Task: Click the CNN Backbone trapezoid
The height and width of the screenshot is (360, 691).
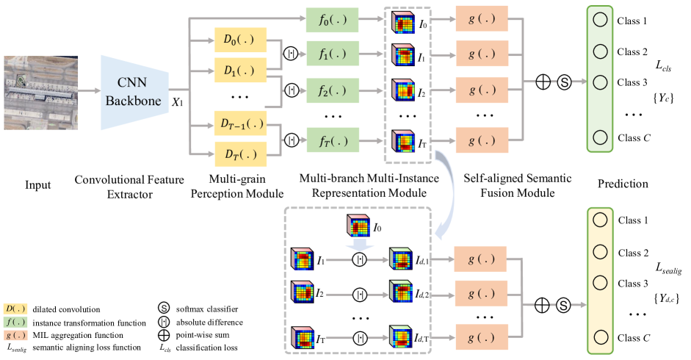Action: pos(134,93)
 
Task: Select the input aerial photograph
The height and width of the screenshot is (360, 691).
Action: pos(41,93)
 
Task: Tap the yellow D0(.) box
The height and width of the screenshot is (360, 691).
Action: pos(240,40)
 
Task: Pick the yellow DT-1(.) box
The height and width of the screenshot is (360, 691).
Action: pos(240,123)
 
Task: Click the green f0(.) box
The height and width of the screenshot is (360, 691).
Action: pos(332,19)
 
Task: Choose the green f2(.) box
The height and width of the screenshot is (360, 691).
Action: pos(332,90)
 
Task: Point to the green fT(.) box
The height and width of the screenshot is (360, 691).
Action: pos(332,141)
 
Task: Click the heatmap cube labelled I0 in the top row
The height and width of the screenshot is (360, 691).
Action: pos(403,22)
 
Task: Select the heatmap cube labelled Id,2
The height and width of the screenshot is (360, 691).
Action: pos(401,292)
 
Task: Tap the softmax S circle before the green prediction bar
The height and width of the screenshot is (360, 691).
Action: pos(564,82)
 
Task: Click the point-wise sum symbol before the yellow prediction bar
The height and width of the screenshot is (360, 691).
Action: pos(542,305)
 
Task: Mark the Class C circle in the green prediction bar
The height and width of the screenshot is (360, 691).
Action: pos(600,137)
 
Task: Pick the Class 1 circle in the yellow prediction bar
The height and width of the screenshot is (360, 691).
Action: pos(600,220)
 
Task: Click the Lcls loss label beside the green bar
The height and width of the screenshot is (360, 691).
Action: pos(663,66)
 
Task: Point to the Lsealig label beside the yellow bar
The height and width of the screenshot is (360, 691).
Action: pos(668,267)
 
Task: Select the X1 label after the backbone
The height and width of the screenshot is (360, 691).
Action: pos(177,102)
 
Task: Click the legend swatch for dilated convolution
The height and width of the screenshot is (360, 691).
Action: pos(15,309)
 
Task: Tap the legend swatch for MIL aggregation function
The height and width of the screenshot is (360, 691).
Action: pos(15,335)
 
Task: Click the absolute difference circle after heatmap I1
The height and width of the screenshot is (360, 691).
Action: pos(360,260)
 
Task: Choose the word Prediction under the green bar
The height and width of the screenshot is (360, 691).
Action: pos(623,184)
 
